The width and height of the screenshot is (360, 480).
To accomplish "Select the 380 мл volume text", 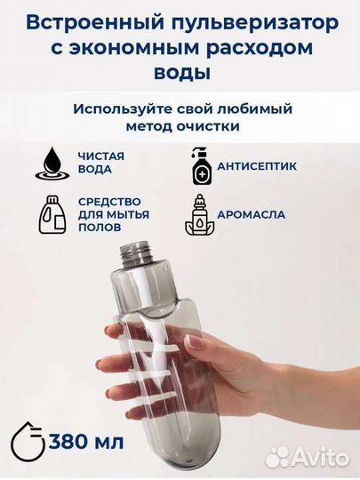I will (87, 441).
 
